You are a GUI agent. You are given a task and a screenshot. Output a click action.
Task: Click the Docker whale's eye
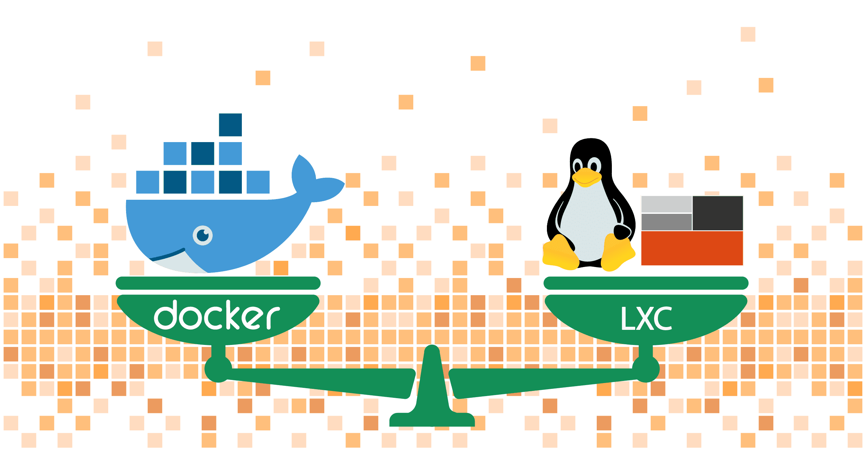tap(203, 235)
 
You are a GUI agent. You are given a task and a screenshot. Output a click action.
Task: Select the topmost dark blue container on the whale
tap(230, 125)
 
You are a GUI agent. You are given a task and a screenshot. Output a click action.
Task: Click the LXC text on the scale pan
tap(646, 319)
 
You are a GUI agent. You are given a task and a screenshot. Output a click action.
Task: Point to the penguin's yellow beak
tap(587, 177)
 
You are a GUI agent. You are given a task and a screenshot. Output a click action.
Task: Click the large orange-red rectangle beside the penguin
tap(692, 248)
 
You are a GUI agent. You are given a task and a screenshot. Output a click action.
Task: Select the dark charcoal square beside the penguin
tap(717, 213)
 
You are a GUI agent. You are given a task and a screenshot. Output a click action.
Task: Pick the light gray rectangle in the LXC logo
tap(666, 204)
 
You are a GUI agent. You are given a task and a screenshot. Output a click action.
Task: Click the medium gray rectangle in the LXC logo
tap(666, 222)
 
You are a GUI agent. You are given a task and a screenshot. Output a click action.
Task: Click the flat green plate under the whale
tap(218, 283)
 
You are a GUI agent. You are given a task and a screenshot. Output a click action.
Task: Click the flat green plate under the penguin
tap(646, 283)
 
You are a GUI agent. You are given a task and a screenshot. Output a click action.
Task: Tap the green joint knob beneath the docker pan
tap(218, 369)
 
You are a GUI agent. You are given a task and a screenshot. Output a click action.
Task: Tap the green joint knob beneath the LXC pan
tap(646, 369)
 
